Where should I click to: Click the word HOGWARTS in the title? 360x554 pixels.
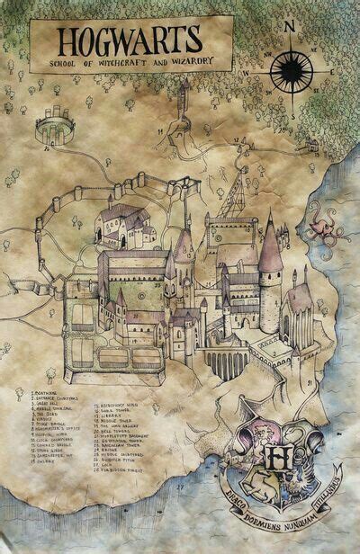click(130, 41)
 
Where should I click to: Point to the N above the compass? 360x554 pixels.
click(289, 26)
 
